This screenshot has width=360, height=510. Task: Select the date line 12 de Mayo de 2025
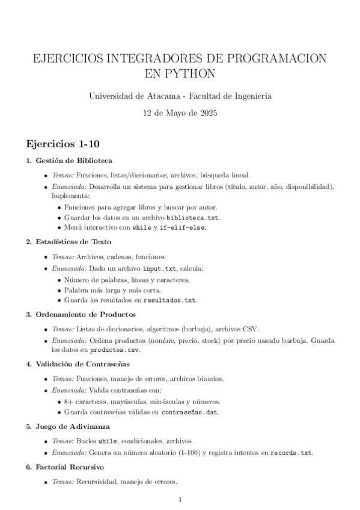pyautogui.click(x=180, y=112)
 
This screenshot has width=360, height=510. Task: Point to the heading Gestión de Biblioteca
pyautogui.click(x=74, y=161)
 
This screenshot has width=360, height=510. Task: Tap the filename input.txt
pyautogui.click(x=148, y=268)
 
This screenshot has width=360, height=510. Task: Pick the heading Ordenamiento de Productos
pyautogui.click(x=86, y=314)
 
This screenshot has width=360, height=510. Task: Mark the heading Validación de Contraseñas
pyautogui.click(x=82, y=364)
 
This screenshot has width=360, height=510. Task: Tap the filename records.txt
pyautogui.click(x=291, y=452)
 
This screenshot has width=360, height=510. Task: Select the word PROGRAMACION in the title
pyautogui.click(x=273, y=59)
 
